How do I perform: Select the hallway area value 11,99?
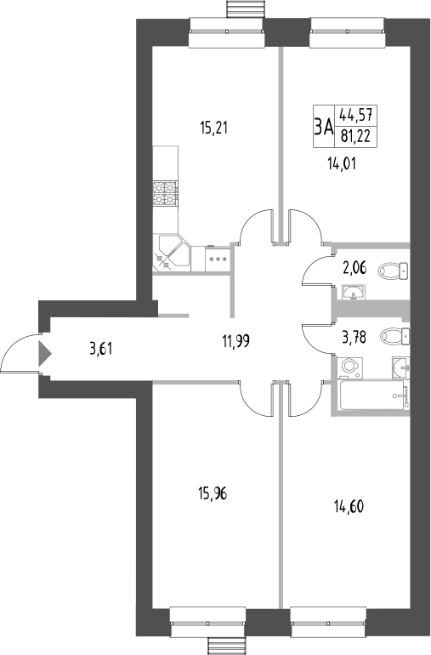pos(238,343)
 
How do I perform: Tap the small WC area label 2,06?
pos(355,269)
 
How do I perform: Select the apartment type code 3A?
pos(322,128)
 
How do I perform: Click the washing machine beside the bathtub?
pos(349,367)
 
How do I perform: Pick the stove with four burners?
pos(165,195)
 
